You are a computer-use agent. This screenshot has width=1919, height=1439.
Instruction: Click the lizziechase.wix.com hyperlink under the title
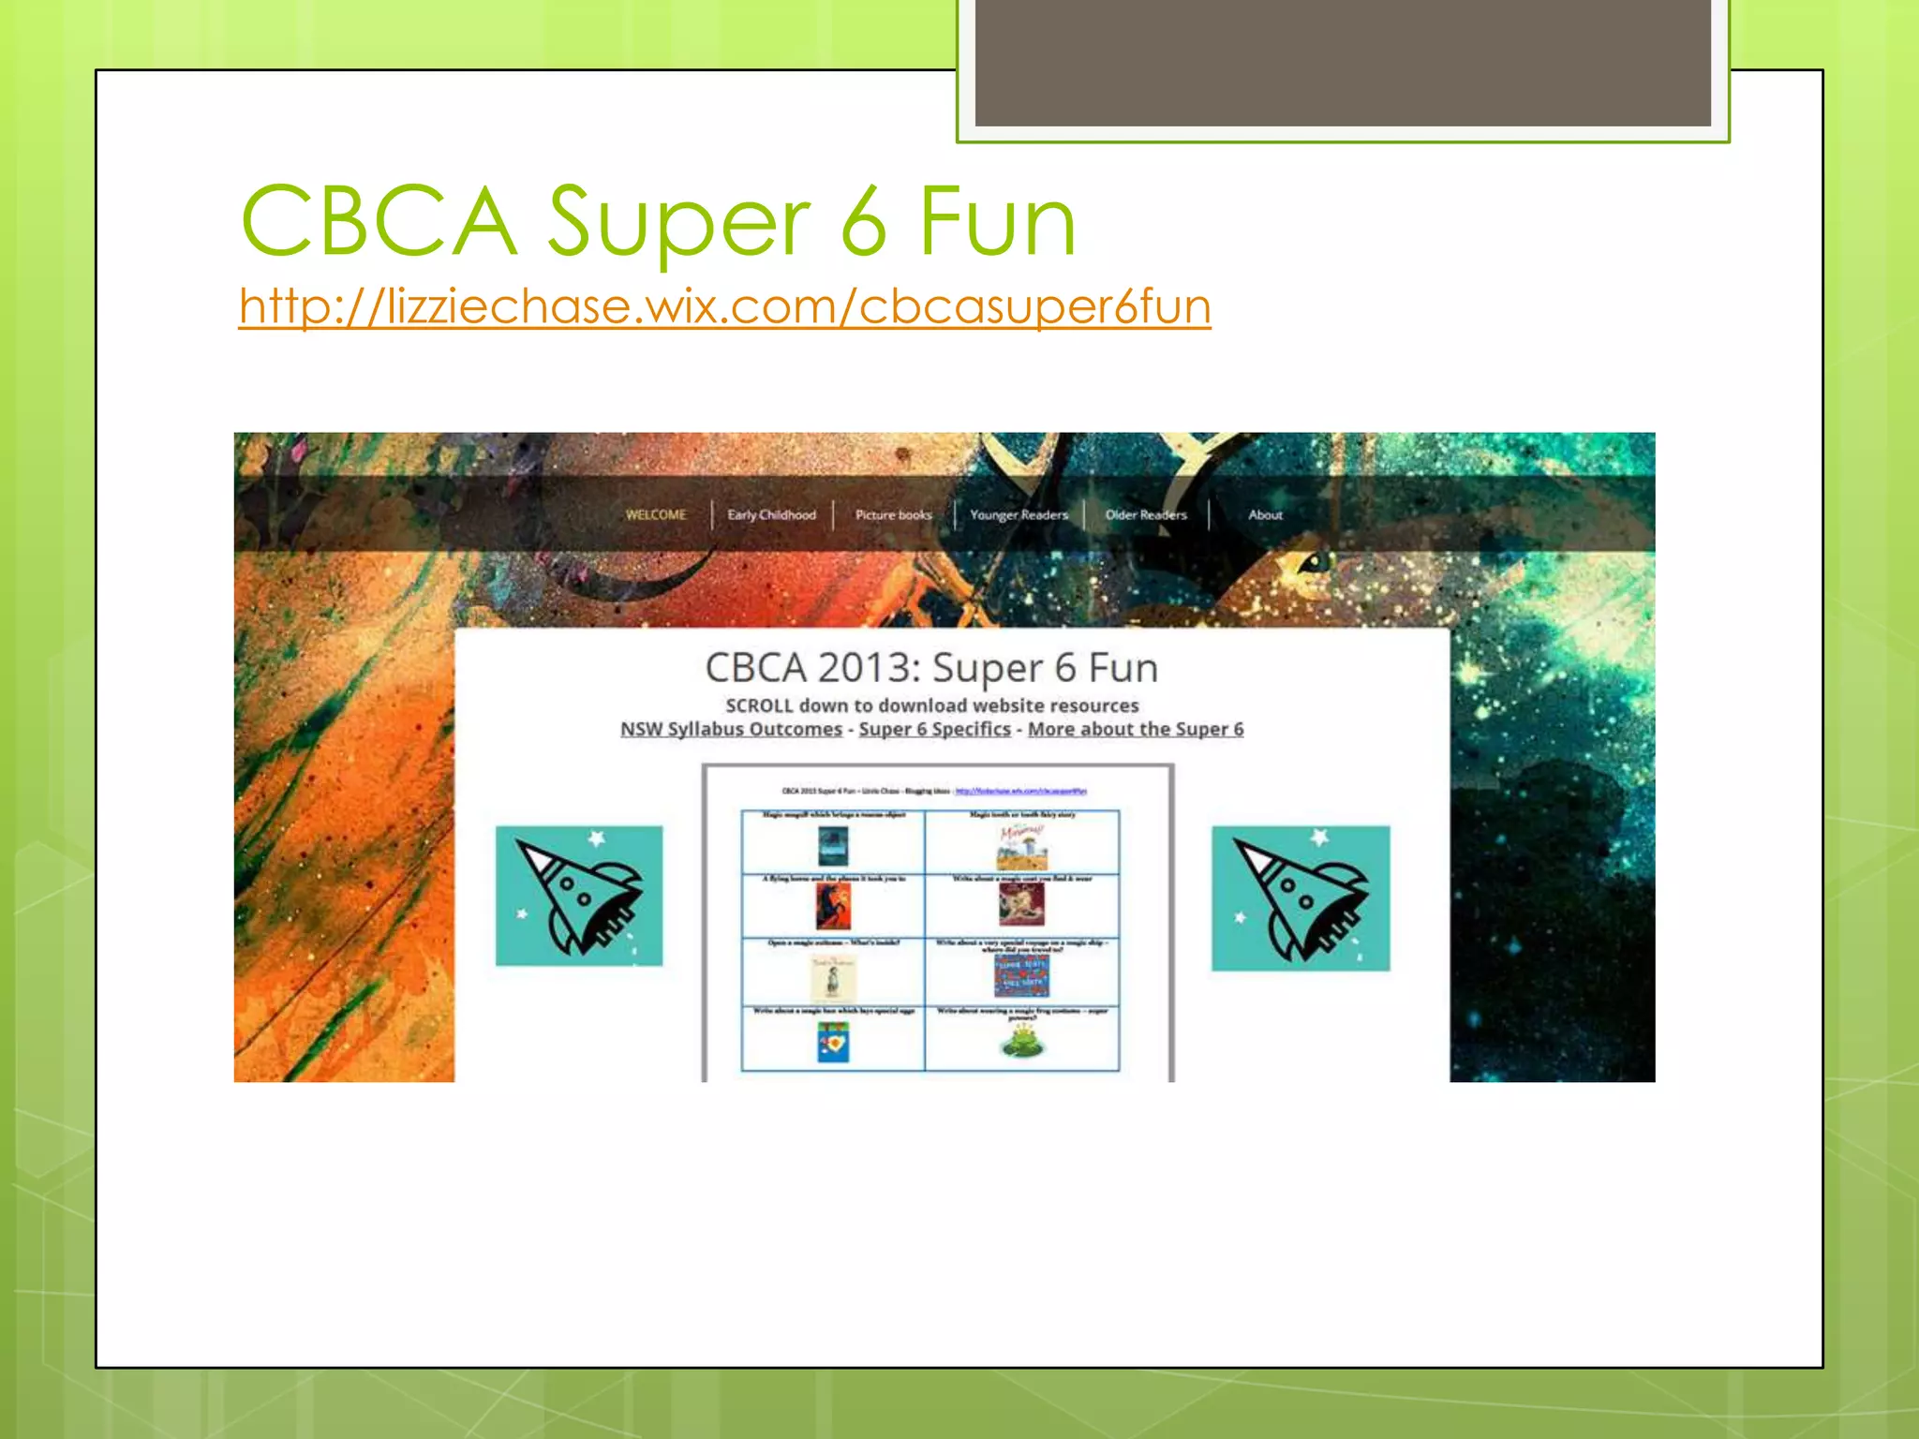point(724,306)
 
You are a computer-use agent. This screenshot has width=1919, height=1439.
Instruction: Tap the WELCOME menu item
point(656,514)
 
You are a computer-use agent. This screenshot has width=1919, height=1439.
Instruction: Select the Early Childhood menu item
point(771,514)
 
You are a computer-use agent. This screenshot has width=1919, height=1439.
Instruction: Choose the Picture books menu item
point(893,514)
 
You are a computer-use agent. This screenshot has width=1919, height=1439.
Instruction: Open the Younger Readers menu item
point(1019,514)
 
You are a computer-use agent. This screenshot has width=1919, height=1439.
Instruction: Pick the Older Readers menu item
point(1145,514)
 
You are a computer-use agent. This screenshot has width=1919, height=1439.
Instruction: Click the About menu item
point(1265,514)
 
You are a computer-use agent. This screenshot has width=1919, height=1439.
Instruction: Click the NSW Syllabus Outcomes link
point(731,729)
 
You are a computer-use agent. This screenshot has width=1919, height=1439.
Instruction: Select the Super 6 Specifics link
point(934,729)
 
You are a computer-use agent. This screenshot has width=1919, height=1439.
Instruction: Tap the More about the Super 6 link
point(1135,729)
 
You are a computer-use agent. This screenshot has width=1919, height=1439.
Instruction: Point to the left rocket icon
point(579,896)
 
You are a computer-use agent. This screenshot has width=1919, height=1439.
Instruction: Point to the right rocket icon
point(1301,898)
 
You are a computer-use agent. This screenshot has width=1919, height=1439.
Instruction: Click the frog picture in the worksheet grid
point(1021,1041)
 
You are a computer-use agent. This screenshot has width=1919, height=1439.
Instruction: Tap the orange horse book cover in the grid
point(833,907)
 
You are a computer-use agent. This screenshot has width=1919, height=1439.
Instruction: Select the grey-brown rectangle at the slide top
point(1342,62)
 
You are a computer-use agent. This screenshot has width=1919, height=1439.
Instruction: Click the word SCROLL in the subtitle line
point(759,705)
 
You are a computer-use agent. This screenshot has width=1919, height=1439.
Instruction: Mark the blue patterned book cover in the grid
point(1021,975)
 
